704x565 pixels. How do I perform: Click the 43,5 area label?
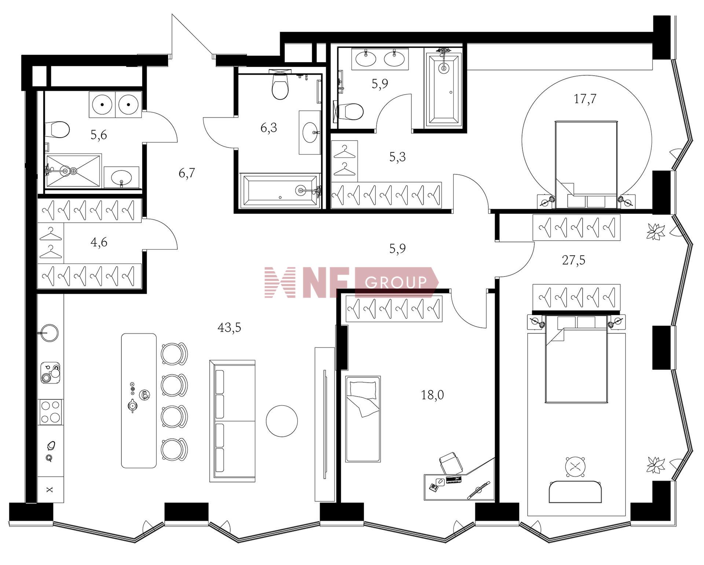(229, 327)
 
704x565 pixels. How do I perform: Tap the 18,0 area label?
(432, 395)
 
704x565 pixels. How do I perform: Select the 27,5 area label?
(573, 260)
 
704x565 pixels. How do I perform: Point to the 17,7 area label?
(585, 98)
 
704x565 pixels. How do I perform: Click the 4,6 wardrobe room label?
(99, 242)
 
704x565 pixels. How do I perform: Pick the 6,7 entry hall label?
(187, 172)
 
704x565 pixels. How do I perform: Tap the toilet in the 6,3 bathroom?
(280, 85)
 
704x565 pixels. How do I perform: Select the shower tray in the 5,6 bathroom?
(73, 171)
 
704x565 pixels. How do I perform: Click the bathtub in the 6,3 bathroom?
(280, 191)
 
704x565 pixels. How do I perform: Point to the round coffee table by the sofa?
(282, 421)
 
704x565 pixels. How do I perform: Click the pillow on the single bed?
(363, 390)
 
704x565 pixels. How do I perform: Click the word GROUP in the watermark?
(396, 282)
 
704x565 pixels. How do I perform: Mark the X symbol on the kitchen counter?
(50, 490)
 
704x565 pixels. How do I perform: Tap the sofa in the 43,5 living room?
(232, 421)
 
